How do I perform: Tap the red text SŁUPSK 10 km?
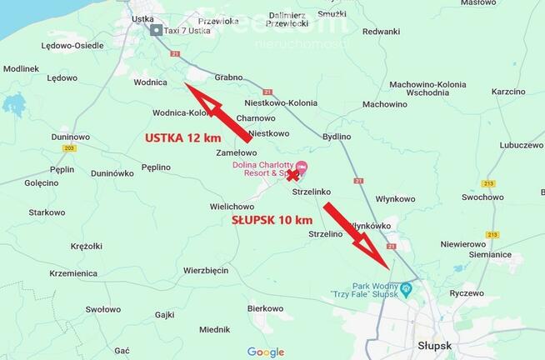[x=272, y=220]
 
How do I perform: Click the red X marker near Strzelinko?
[x=292, y=176]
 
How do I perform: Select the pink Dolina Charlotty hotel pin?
[x=302, y=168]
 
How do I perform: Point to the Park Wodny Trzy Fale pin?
[x=406, y=289]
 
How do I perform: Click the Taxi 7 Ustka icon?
[x=157, y=30]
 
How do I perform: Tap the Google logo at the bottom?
[x=266, y=352]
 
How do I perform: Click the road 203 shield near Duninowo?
[x=68, y=148]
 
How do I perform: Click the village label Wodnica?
[x=150, y=82]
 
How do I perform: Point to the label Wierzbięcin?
[x=206, y=270]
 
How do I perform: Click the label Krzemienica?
[x=73, y=272]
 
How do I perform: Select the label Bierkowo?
[x=266, y=307]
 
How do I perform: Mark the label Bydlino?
[x=337, y=135]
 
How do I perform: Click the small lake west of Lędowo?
[x=13, y=105]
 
